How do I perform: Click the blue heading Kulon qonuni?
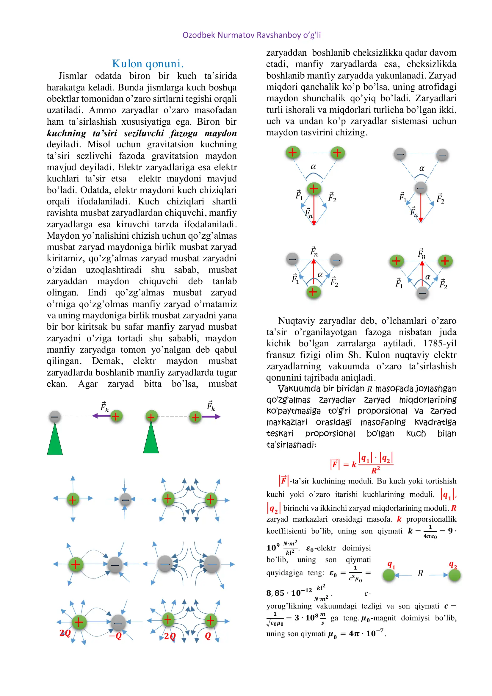click(148, 64)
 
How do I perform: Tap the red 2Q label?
click(65, 633)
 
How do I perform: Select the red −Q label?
click(115, 636)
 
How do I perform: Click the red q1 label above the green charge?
click(391, 564)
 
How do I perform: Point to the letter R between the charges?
click(420, 573)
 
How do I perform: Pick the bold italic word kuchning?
click(66, 133)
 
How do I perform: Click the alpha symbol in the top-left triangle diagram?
click(313, 166)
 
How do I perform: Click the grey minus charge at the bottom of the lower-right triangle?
click(422, 293)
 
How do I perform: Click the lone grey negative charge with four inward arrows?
click(125, 499)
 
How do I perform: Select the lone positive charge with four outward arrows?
click(73, 499)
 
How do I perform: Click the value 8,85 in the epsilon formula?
click(275, 593)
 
